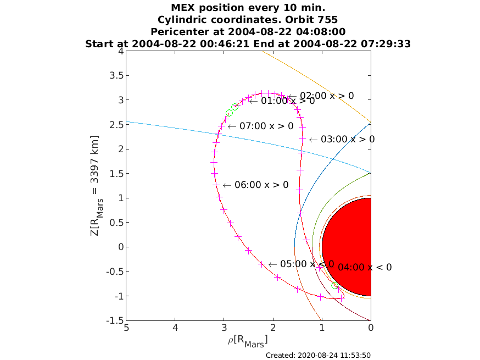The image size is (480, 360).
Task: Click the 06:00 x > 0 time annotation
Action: point(256,185)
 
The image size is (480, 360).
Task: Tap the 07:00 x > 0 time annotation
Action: point(261,126)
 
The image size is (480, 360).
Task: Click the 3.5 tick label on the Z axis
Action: point(116,75)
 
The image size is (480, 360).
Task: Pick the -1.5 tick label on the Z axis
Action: point(115,320)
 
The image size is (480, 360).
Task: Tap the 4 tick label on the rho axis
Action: point(175,328)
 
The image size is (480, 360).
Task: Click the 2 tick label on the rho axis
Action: point(273,328)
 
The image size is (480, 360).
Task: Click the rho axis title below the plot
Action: point(248,341)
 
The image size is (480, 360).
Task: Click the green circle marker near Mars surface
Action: point(335,286)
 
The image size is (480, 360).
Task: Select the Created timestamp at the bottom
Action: point(318,356)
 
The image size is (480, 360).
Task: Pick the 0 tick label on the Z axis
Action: point(121,247)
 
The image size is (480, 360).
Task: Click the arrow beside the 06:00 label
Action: point(227,185)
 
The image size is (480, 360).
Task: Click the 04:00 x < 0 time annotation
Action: point(359,268)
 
